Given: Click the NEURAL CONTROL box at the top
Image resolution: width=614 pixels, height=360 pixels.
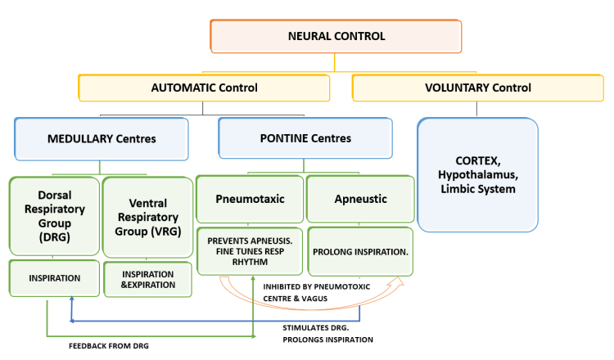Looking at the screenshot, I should (x=336, y=37).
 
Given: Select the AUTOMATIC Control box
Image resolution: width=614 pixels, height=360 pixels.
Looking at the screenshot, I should (x=204, y=88).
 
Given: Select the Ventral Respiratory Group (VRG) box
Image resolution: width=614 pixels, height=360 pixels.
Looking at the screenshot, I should (x=147, y=214).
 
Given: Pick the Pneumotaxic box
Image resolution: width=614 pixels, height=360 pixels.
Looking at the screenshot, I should (x=250, y=198).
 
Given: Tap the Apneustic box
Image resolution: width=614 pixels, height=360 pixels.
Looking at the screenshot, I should (x=359, y=198).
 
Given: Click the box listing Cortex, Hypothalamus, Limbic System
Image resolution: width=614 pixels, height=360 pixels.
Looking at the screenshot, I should (x=478, y=174).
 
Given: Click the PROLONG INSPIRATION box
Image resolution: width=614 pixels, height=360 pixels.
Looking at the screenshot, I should (x=359, y=251).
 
